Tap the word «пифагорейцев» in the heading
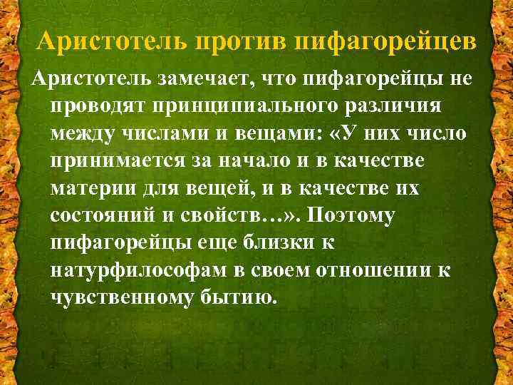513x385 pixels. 385,41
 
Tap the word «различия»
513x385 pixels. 383,106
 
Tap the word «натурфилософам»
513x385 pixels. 142,268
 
